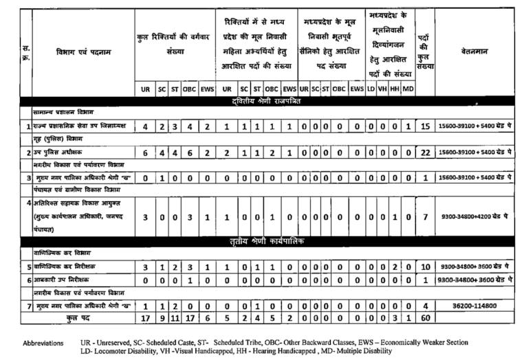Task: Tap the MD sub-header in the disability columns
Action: [408, 89]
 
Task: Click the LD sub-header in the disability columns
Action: [370, 89]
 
